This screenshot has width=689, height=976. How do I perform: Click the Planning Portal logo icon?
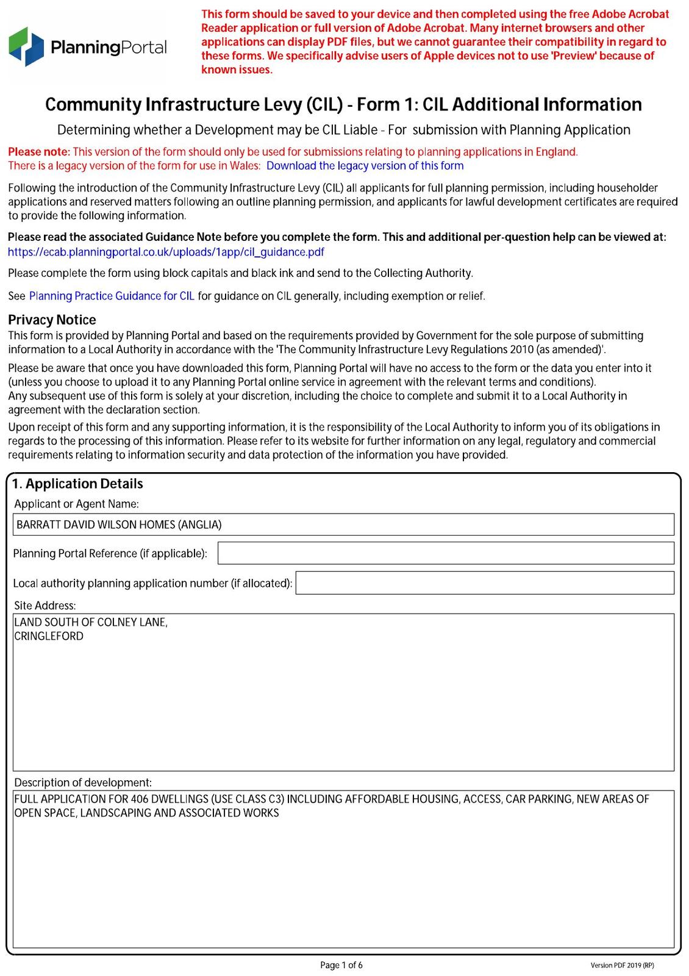coord(26,46)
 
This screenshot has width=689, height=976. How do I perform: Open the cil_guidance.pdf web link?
coord(166,252)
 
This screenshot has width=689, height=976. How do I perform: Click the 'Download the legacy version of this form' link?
coord(365,166)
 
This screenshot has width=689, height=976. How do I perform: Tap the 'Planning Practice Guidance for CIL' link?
coord(112,296)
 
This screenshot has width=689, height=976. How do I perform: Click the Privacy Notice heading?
coord(52,320)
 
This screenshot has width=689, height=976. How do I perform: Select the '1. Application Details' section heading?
coord(77,484)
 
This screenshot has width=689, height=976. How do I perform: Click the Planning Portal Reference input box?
coord(445,553)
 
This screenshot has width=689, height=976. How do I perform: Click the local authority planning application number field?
coord(485,583)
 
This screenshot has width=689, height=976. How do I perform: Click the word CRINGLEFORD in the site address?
coord(49,636)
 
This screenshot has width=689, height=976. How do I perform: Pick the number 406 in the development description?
coord(140,799)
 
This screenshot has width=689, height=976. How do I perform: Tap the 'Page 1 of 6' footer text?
coord(341,965)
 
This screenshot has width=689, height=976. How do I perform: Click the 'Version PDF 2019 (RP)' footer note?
coord(622,966)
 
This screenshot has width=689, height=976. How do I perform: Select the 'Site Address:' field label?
coord(45,606)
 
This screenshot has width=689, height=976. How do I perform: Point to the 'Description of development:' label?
coord(83,783)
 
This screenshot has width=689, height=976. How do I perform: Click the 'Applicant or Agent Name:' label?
coord(76,504)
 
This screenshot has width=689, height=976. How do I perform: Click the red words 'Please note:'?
coord(39,152)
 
